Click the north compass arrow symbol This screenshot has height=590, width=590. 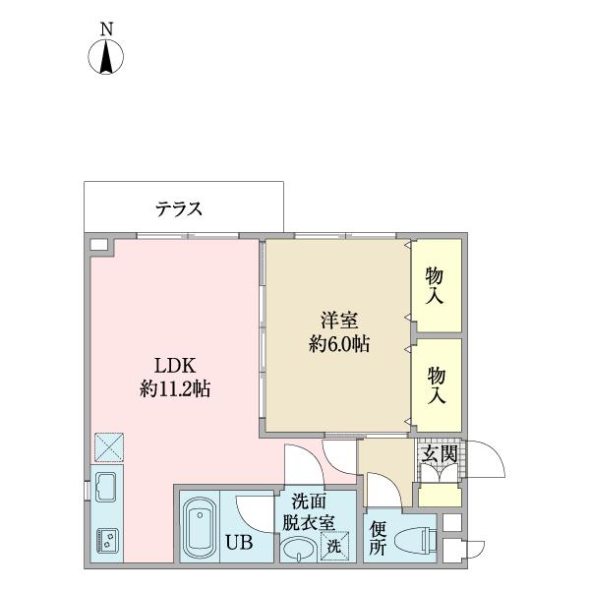click(x=106, y=58)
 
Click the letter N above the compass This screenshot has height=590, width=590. click(x=106, y=29)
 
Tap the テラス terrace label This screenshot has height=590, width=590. click(x=179, y=208)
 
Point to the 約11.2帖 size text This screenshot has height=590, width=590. click(x=174, y=387)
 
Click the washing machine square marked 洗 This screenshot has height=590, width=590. click(x=335, y=547)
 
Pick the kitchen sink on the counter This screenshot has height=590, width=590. click(x=106, y=487)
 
